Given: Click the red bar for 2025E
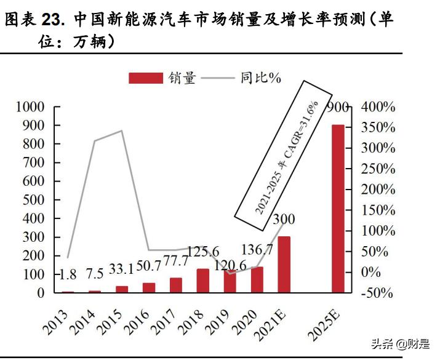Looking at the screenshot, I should (338, 209).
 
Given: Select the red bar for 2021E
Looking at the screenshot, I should (284, 265).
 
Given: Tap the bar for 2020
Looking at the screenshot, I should (257, 280).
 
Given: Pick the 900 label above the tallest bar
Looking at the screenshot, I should (338, 108).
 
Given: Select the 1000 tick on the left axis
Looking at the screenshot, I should (29, 107).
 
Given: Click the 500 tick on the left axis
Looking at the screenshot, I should (34, 201).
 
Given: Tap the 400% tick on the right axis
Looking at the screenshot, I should (377, 107).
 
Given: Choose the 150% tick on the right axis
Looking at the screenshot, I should (377, 210).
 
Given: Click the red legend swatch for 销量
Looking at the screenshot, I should (146, 78).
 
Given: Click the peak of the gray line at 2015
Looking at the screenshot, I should (122, 130).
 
